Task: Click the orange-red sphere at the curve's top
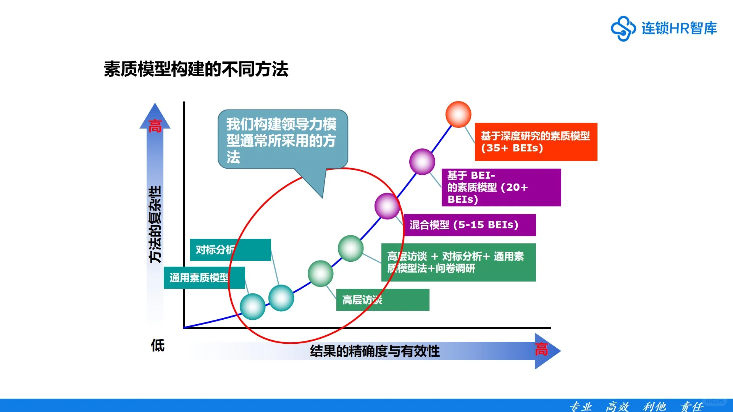coord(458,114)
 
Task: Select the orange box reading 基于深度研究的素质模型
coord(536,142)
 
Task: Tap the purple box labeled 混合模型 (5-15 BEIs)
coord(470,225)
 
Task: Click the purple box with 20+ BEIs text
coord(501,187)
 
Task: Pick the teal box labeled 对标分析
coord(230,250)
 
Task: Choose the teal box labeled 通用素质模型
coord(204,278)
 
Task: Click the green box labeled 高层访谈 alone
coord(383,300)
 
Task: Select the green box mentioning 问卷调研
coord(458,262)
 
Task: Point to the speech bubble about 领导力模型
coord(283,140)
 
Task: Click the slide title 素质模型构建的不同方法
coord(196,69)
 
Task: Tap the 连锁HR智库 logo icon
coord(623,28)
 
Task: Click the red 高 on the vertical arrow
coord(155,126)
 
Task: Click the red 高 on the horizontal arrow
coord(541,349)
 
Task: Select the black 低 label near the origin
coord(158,345)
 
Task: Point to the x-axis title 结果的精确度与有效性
coord(375,351)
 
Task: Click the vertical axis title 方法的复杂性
coord(155,224)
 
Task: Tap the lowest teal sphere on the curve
coord(252,307)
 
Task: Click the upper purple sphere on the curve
coord(422,162)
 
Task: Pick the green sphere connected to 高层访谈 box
coord(320,274)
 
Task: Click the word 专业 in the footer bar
coord(580,406)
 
